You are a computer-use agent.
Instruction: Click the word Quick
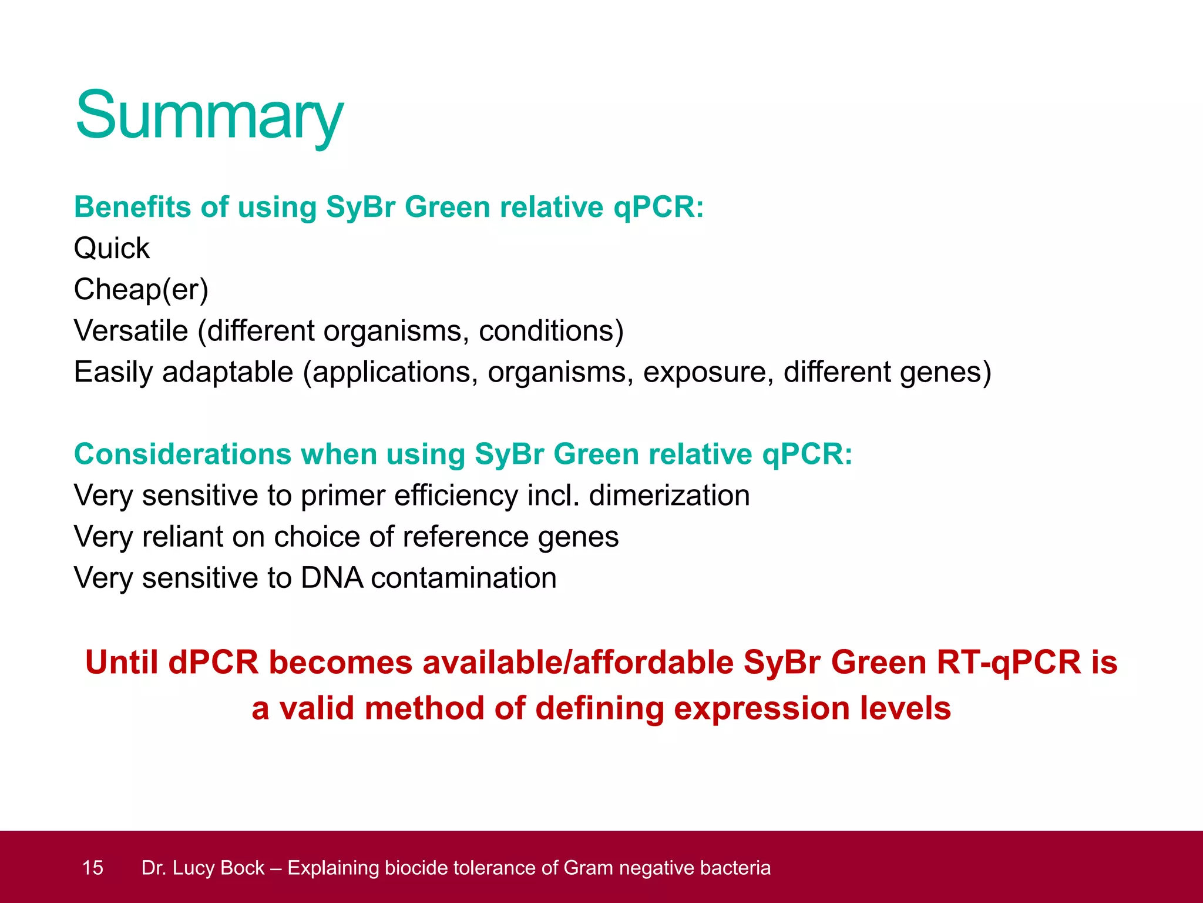coord(112,248)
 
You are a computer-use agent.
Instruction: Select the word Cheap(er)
coord(141,289)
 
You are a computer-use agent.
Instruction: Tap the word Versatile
coord(130,330)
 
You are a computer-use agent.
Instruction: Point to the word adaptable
coord(227,372)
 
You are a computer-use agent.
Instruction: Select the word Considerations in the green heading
coord(182,454)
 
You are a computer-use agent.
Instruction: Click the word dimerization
coord(669,495)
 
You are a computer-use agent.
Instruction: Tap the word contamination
coord(463,578)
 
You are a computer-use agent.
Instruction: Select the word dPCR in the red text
coord(213,663)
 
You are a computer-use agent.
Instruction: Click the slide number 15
coord(93,868)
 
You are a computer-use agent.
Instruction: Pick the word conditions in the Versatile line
coord(550,330)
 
